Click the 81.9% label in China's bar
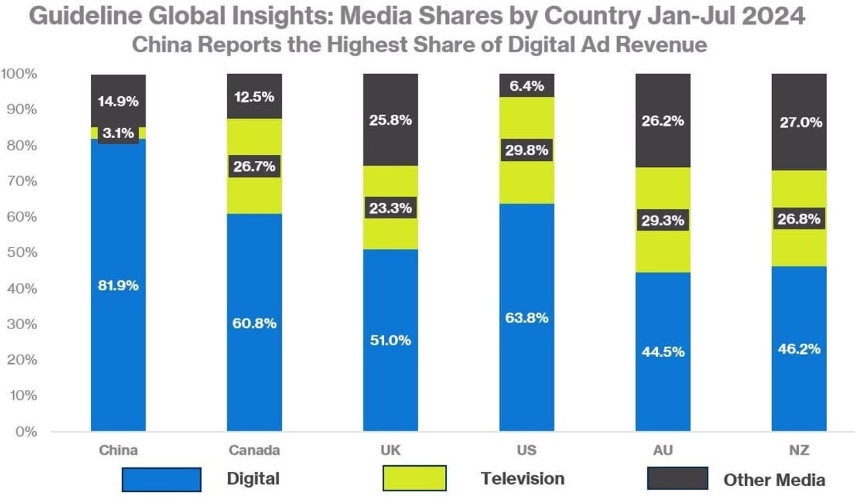pyautogui.click(x=118, y=286)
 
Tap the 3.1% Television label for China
pyautogui.click(x=118, y=133)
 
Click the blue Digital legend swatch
pyautogui.click(x=161, y=479)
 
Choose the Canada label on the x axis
pyautogui.click(x=254, y=451)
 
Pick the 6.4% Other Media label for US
pyautogui.click(x=526, y=85)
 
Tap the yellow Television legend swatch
pyautogui.click(x=414, y=479)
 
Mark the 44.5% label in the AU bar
pyautogui.click(x=663, y=352)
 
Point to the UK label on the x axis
pyautogui.click(x=390, y=451)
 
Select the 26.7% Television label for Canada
pyautogui.click(x=254, y=166)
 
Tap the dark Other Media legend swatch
pyautogui.click(x=677, y=479)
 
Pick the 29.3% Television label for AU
pyautogui.click(x=663, y=220)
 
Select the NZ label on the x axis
pyautogui.click(x=799, y=451)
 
